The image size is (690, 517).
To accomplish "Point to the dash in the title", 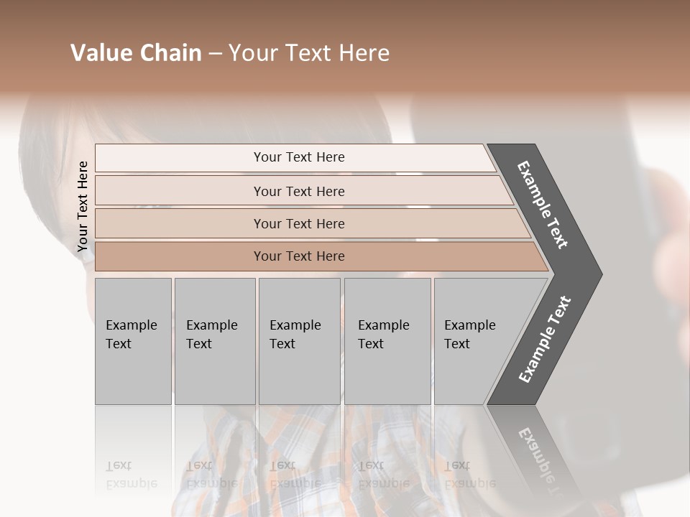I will (x=215, y=53).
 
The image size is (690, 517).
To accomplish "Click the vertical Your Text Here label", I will (x=83, y=206).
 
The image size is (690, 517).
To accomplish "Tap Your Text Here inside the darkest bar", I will (x=299, y=256).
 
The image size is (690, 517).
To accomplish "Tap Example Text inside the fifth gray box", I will (x=469, y=335).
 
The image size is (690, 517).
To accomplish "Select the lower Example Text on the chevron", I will (x=545, y=340).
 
